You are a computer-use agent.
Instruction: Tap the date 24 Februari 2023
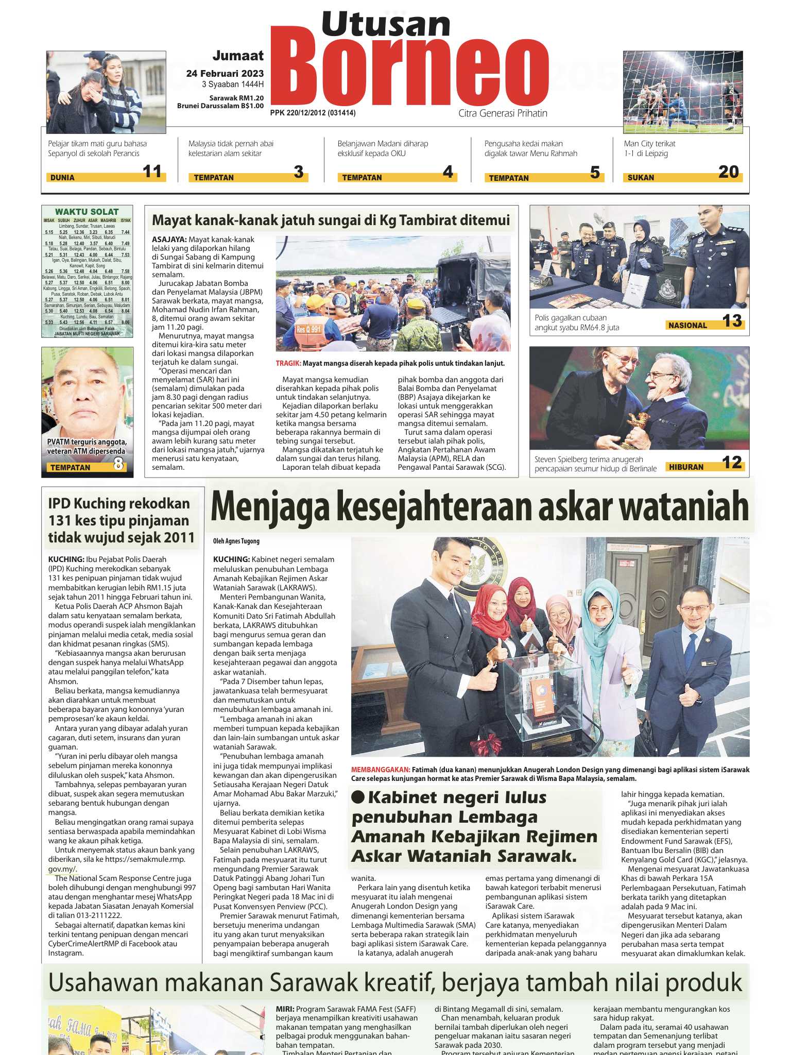225,74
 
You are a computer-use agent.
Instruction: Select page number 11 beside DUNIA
152,171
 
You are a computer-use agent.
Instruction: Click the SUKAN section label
641,178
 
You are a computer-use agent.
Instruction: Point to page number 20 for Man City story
728,172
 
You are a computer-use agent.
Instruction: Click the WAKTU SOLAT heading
87,212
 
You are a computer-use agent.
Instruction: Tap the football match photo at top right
683,92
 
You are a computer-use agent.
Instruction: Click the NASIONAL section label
687,325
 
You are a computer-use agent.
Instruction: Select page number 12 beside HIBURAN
731,463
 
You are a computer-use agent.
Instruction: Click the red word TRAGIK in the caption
288,363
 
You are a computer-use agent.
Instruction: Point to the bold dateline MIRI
285,1009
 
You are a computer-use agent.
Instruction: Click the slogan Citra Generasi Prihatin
503,113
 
